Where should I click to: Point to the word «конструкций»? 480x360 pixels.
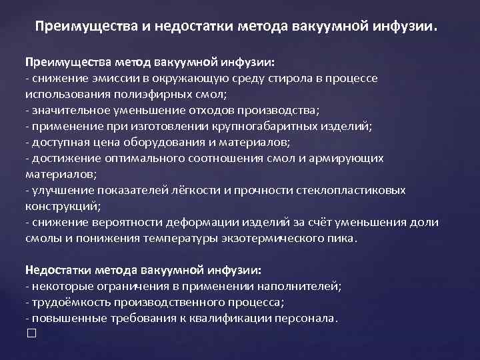61,206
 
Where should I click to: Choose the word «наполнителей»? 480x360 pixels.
303,286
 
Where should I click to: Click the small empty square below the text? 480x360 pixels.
29,333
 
